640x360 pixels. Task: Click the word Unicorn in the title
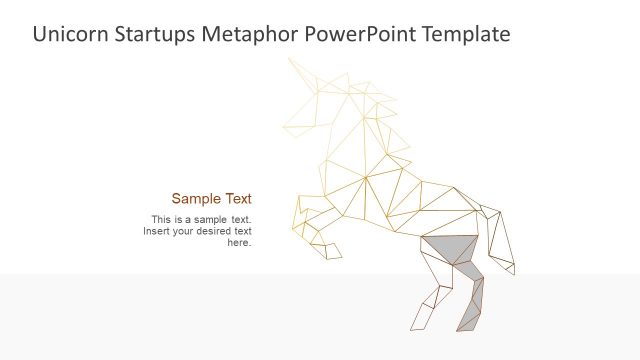click(66, 34)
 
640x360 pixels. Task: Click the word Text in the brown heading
click(237, 198)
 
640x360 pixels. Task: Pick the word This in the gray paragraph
click(161, 219)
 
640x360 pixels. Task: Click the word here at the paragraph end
click(239, 243)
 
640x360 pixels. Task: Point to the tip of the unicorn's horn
click(290, 59)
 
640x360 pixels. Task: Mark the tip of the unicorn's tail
click(513, 270)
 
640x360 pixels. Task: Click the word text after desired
click(241, 231)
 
